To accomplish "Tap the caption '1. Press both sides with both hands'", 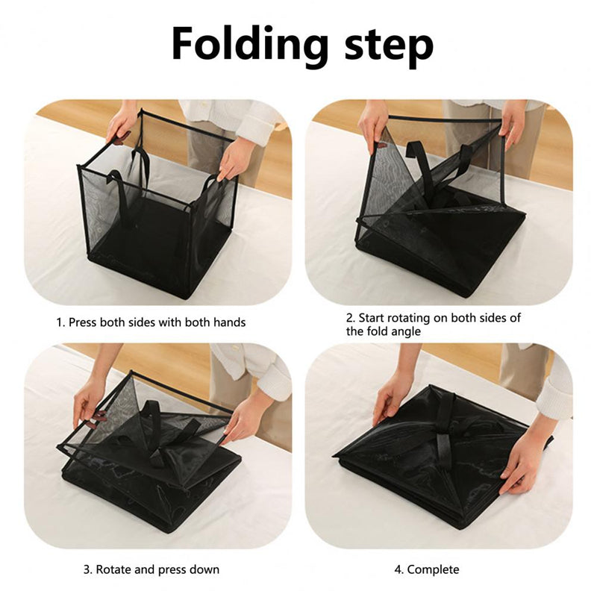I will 151,322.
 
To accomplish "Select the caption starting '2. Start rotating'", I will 433,324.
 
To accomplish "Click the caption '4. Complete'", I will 427,570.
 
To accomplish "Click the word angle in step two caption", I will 403,331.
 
